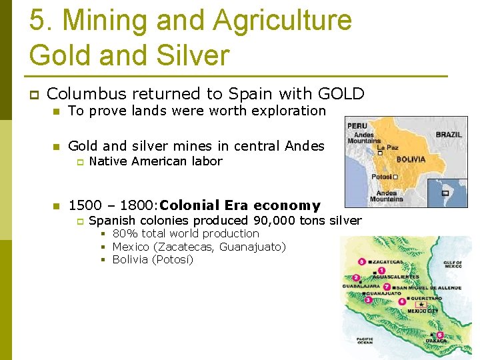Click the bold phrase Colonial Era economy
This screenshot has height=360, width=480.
(240, 205)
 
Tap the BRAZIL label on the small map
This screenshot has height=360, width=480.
(449, 134)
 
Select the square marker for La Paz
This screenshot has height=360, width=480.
(379, 152)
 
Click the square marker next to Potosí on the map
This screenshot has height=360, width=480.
(395, 177)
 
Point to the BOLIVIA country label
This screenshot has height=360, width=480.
(411, 160)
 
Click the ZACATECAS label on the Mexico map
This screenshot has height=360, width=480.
(391, 262)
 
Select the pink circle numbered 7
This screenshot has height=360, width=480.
(387, 287)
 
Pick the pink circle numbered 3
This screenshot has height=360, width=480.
(368, 300)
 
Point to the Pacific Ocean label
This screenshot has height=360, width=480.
(365, 340)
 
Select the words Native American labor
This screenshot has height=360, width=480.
(155, 161)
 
